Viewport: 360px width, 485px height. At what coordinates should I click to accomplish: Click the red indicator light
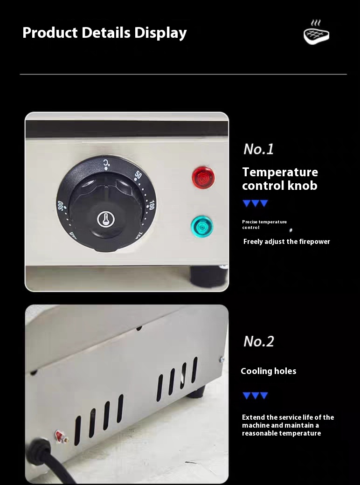[x=203, y=178]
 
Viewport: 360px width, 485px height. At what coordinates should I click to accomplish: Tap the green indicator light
[x=202, y=227]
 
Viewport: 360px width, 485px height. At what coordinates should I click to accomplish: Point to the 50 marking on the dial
[x=138, y=175]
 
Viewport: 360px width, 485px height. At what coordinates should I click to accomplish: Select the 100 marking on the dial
[x=151, y=205]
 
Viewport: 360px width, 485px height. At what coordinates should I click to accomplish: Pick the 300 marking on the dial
[x=60, y=206]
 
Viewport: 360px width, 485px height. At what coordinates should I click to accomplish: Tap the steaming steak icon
[x=316, y=32]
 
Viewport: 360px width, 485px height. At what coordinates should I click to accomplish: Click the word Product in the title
[x=50, y=33]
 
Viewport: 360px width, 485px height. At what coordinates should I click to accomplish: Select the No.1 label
[x=258, y=149]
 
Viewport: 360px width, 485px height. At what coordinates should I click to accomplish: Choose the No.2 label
[x=259, y=341]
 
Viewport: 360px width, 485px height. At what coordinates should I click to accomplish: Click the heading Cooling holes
[x=269, y=371]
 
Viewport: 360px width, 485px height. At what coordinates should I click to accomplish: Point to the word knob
[x=303, y=185]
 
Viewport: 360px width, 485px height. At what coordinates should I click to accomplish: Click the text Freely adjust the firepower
[x=287, y=242]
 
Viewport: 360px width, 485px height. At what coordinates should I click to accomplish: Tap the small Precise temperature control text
[x=264, y=225]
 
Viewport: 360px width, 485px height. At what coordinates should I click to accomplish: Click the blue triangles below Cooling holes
[x=255, y=395]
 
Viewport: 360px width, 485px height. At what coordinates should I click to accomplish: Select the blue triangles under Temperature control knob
[x=255, y=203]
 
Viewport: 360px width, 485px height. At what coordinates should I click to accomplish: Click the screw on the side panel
[x=222, y=360]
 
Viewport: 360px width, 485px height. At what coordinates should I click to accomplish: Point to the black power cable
[x=46, y=461]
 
